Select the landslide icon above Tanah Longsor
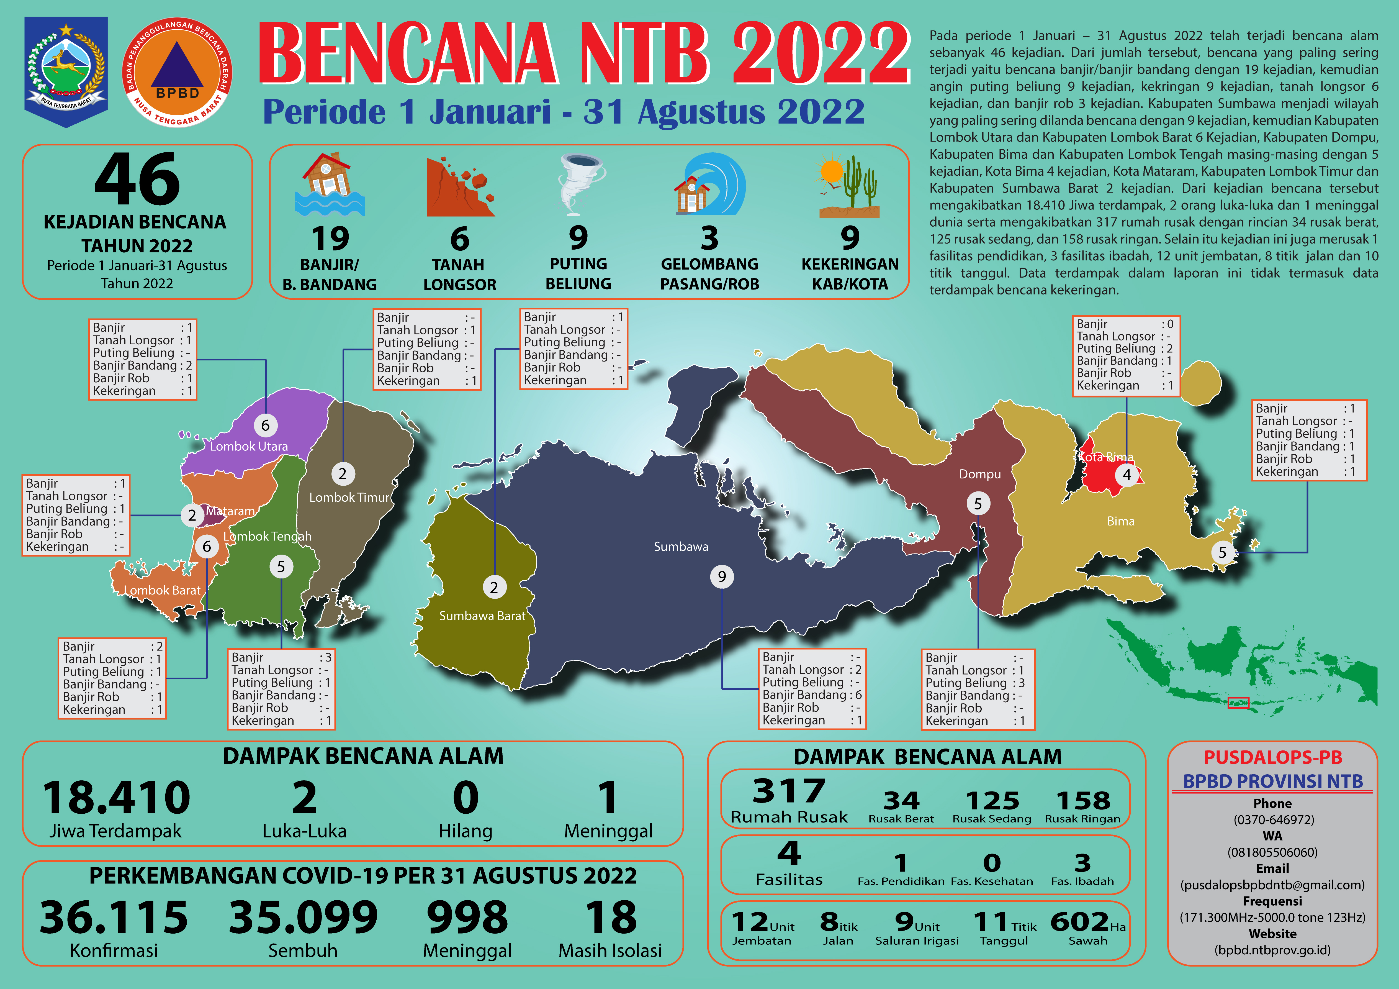[x=460, y=187]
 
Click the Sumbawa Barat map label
[x=482, y=616]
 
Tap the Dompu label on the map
[x=980, y=474]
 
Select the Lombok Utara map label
[x=249, y=446]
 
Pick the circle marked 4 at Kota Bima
[x=1127, y=474]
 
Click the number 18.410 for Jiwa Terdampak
[x=116, y=798]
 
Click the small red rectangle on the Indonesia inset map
[x=1238, y=703]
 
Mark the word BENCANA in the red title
[x=408, y=54]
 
